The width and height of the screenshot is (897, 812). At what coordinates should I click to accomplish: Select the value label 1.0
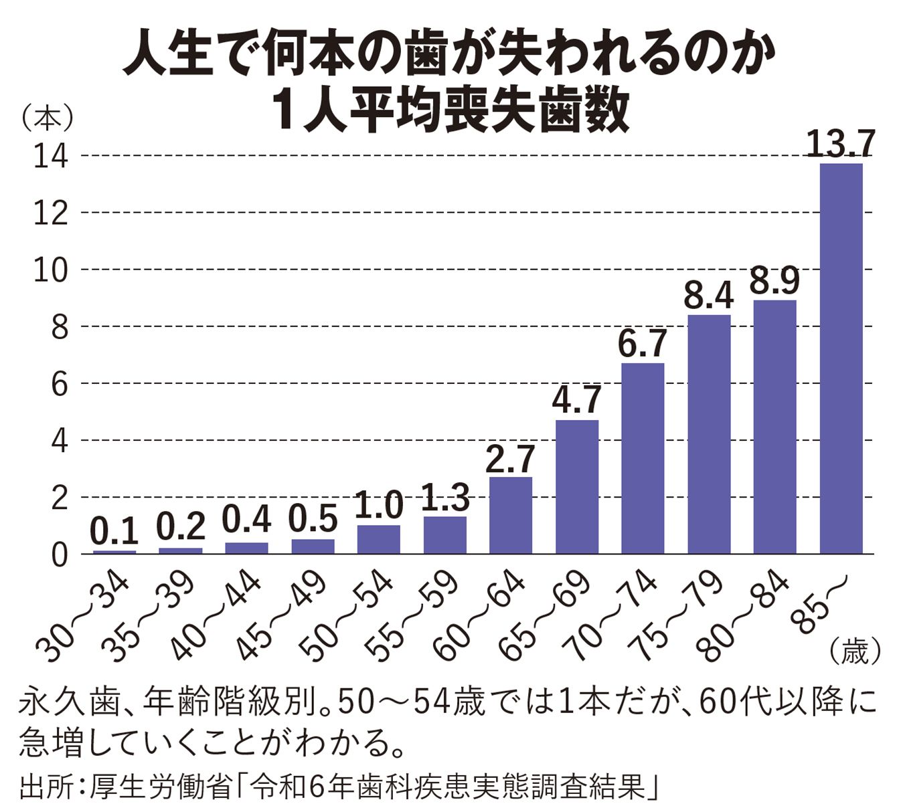[x=379, y=506]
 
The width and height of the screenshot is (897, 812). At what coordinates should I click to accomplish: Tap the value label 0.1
[x=114, y=533]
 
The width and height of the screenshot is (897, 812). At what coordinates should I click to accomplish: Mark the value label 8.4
[x=709, y=296]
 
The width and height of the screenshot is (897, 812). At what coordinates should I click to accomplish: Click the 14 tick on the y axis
[x=54, y=156]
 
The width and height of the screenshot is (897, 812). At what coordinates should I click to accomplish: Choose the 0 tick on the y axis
[x=60, y=554]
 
